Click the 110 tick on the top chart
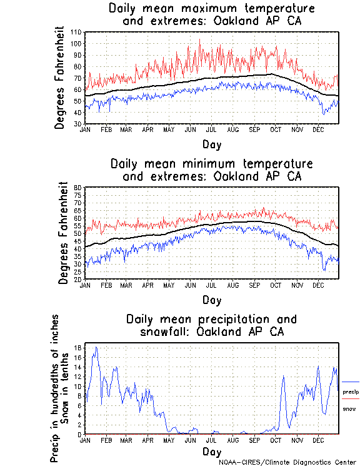pyautogui.click(x=77, y=32)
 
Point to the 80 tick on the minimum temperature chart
pyautogui.click(x=79, y=188)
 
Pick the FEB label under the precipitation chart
pyautogui.click(x=106, y=440)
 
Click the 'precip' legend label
pyautogui.click(x=350, y=392)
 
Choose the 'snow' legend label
pyautogui.click(x=349, y=408)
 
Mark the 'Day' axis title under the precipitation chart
pyautogui.click(x=211, y=452)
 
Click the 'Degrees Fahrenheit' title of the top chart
pyautogui.click(x=60, y=78)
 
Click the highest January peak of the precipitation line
pyautogui.click(x=96, y=347)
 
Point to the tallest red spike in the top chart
pyautogui.click(x=199, y=40)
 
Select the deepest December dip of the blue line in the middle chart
pyautogui.click(x=324, y=270)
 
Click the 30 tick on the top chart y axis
pyautogui.click(x=78, y=124)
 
